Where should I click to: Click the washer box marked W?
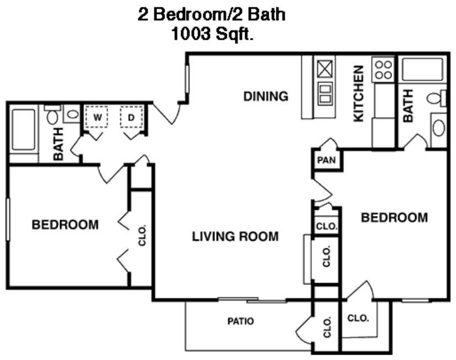tap(97, 117)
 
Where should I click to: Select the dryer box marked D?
tap(132, 117)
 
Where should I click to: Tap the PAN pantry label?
tap(323, 161)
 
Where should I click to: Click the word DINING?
tap(266, 96)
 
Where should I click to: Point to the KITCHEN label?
tap(359, 94)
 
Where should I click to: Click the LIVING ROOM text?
tap(235, 237)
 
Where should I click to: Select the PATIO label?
tap(241, 321)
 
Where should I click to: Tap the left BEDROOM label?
tap(65, 225)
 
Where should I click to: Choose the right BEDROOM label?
tap(394, 217)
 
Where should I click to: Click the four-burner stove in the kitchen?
tap(383, 69)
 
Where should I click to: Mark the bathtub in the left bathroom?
tap(23, 130)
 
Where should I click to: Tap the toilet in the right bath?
tap(435, 98)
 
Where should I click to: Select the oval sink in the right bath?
tap(439, 128)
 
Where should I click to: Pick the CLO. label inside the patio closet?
tap(327, 327)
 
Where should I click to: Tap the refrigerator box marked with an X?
tap(324, 69)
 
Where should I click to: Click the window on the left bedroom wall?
tap(8, 219)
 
